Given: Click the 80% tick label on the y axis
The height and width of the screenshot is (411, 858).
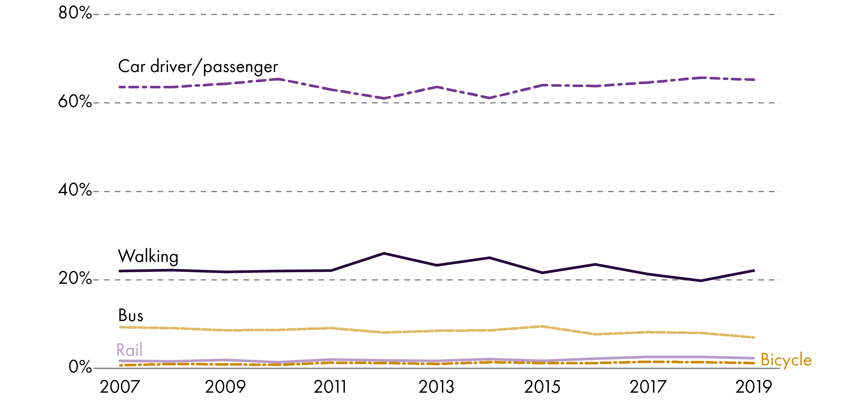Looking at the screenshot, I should (x=75, y=13).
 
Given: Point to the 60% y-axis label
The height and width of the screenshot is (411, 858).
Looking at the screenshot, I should (x=75, y=102).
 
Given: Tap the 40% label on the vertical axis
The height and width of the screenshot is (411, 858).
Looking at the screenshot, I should (x=75, y=190).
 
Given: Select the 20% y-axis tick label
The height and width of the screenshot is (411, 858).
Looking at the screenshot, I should (x=75, y=279).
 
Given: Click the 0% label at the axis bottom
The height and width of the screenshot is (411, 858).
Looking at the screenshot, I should (x=80, y=367).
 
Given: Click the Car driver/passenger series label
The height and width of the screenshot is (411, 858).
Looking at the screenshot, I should (x=198, y=67).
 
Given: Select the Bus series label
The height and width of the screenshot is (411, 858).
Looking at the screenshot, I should (x=131, y=316).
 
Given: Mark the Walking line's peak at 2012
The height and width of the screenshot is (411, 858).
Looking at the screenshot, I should (x=384, y=254).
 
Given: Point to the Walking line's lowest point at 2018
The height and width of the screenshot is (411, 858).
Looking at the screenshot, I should (x=701, y=281).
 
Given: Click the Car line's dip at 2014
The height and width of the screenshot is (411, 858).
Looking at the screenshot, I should (x=489, y=98).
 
